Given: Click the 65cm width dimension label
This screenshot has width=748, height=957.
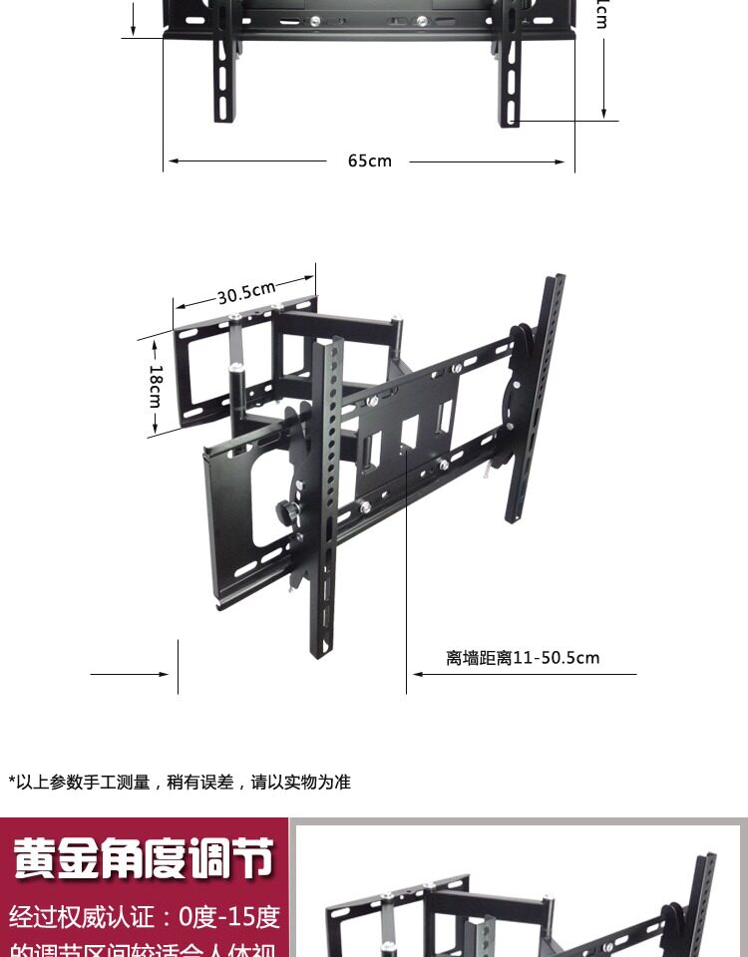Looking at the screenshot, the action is coord(370,160).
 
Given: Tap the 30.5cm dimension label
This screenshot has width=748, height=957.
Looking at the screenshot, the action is coord(246,292).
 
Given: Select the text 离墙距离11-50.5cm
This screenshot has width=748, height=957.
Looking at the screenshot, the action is coord(523,658).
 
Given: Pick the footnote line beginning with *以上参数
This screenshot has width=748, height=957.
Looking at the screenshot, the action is coord(180,783).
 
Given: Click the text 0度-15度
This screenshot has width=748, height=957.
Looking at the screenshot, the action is coord(229,916).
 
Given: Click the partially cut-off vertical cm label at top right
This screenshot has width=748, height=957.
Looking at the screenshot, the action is coord(602,14).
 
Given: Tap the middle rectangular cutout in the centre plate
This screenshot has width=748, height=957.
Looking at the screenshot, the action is coord(409,433).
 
